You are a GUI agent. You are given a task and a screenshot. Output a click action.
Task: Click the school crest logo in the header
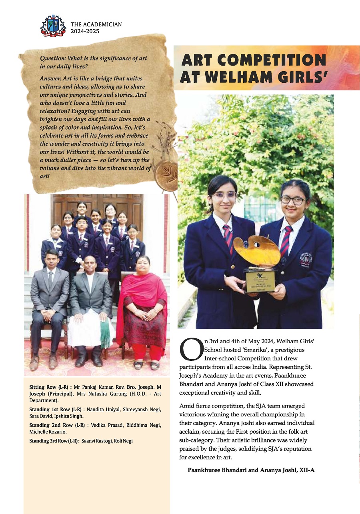53,26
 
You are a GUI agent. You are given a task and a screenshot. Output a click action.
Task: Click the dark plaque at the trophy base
260,281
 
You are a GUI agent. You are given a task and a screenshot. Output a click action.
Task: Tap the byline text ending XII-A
251,470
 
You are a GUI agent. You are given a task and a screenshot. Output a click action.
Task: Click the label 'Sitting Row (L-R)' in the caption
45,387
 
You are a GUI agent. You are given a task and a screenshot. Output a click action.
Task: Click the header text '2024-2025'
85,31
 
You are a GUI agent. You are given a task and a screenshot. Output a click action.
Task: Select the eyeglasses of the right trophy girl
293,200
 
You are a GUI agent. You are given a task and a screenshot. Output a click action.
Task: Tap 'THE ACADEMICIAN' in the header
96,24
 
